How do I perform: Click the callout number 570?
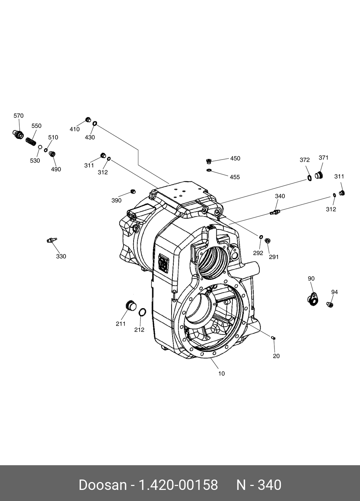tap(19, 116)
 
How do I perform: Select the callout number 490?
tap(56, 169)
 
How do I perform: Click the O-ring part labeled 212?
tap(142, 312)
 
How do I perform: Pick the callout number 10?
tap(221, 374)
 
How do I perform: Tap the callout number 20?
tap(276, 356)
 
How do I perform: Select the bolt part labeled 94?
tap(330, 304)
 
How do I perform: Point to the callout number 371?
tap(323, 157)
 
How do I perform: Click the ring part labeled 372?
tap(309, 178)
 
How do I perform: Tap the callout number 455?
tap(235, 177)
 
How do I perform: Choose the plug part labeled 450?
tap(209, 161)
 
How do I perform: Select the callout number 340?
tap(280, 196)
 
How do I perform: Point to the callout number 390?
tap(116, 200)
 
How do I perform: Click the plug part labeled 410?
tap(88, 120)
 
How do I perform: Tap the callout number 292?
tap(258, 253)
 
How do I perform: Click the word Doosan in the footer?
tap(102, 485)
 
